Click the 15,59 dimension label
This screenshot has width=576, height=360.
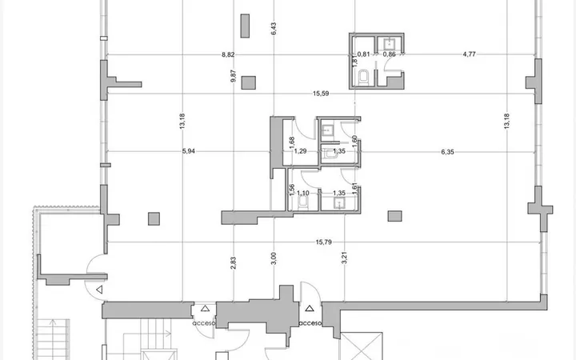click(321, 94)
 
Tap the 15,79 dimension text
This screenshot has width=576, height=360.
click(324, 242)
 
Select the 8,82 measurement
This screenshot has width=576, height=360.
click(228, 54)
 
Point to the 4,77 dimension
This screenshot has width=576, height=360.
click(469, 54)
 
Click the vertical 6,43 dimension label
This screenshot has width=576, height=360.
click(274, 29)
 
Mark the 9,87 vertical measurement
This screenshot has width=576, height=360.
click(234, 76)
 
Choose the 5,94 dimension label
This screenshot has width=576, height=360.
click(189, 151)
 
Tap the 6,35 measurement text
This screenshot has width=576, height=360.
click(447, 152)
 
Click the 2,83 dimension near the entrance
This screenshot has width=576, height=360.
click(234, 263)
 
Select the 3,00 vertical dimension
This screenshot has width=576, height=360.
click(274, 258)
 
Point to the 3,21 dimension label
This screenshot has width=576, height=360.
click(345, 258)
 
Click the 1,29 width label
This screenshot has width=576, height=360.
click(301, 151)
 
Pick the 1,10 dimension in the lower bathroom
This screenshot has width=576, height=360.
click(302, 194)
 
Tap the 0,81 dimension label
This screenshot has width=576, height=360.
click(363, 54)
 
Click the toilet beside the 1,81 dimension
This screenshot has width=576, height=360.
click(363, 78)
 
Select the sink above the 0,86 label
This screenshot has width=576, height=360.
click(390, 44)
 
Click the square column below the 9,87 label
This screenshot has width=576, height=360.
click(249, 82)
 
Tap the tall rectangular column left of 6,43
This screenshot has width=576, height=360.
click(245, 26)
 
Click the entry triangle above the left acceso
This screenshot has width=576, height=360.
click(205, 309)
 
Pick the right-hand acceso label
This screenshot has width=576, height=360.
click(310, 324)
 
